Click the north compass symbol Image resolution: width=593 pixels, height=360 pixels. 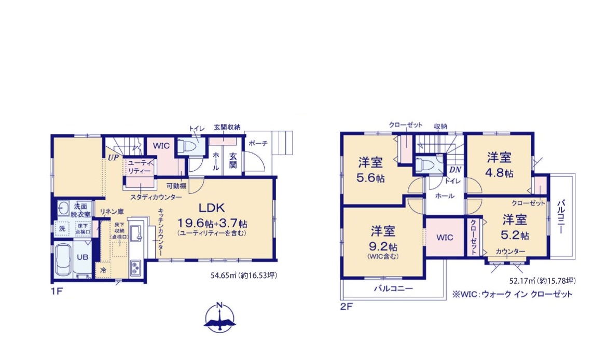[x=219, y=317]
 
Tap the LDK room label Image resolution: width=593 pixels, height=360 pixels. [x=212, y=207]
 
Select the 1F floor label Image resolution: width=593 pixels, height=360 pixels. [x=57, y=292]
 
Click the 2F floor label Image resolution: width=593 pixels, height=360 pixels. [x=346, y=306]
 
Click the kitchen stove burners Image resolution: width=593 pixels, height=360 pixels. [x=135, y=268]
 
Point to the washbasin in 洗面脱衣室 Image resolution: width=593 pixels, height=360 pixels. [x=63, y=208]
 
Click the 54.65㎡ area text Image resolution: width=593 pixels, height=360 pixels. [x=243, y=275]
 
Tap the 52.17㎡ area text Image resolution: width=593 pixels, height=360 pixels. [x=542, y=281]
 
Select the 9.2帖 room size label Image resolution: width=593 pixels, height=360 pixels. [x=383, y=247]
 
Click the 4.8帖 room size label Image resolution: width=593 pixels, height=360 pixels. [x=499, y=173]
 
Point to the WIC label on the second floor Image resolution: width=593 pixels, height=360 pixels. [x=445, y=238]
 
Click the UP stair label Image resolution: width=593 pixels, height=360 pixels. [x=113, y=158]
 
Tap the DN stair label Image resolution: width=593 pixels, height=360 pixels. [x=455, y=170]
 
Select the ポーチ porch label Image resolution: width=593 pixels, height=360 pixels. [x=258, y=144]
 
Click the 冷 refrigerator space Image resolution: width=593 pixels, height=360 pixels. [x=103, y=270]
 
